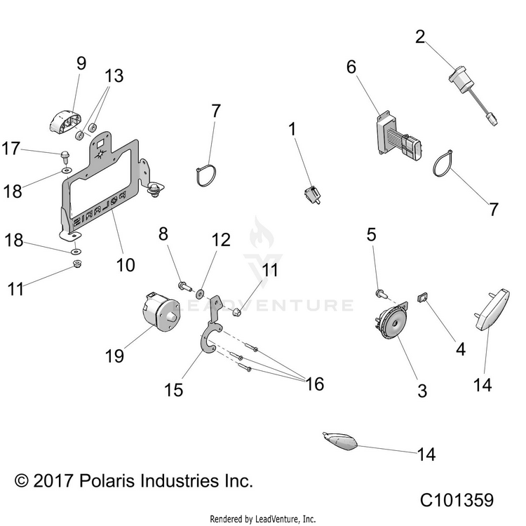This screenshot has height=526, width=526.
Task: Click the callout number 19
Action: click(x=114, y=356)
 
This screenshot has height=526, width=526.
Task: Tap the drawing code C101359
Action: click(x=457, y=500)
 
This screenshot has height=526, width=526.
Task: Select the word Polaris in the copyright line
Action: click(x=108, y=481)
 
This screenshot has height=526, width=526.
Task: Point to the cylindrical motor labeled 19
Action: click(x=161, y=311)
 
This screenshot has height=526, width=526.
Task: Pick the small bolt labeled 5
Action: click(x=382, y=294)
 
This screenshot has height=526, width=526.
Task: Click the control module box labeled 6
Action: click(x=399, y=135)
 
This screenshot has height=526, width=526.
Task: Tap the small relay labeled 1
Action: click(x=312, y=194)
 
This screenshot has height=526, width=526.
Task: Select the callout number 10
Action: click(x=126, y=265)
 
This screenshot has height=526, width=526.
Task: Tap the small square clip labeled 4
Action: click(x=422, y=297)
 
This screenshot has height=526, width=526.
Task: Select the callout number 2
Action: click(x=420, y=36)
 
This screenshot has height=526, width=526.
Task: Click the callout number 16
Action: click(x=315, y=384)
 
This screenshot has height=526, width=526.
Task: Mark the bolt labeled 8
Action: click(x=184, y=286)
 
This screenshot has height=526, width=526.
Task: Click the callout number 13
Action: click(x=114, y=76)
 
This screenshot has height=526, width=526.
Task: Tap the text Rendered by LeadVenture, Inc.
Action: click(x=263, y=519)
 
